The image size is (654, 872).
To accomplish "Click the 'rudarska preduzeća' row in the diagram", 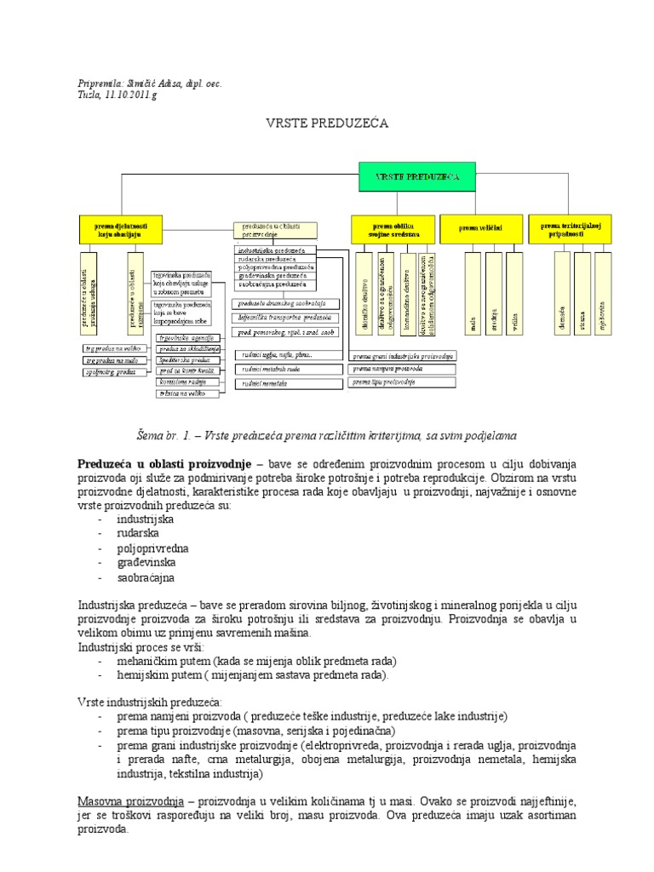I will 276,259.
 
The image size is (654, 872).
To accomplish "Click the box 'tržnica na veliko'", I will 188,393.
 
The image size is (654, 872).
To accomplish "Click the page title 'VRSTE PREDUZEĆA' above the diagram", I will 328,123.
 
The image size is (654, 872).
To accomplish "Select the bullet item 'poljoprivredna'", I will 152,548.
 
